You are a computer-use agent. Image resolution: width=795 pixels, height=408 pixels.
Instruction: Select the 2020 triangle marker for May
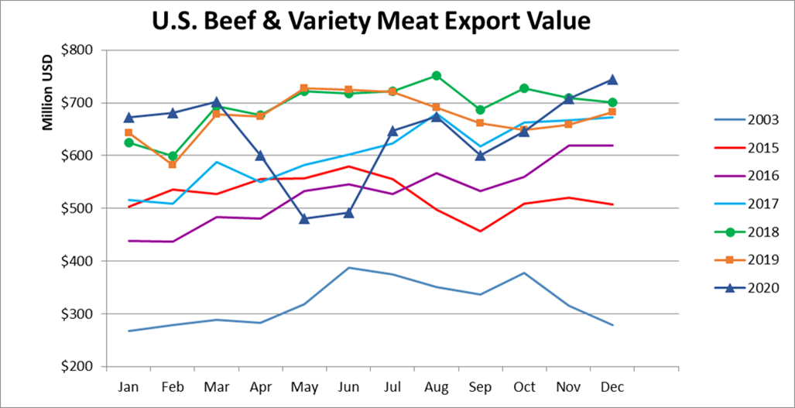pos(304,218)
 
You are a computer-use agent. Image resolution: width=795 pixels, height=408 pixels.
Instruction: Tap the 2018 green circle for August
pos(436,76)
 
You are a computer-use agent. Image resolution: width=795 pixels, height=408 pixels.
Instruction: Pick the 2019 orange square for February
pos(173,164)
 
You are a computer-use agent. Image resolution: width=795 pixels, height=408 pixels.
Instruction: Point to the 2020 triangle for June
pos(348,212)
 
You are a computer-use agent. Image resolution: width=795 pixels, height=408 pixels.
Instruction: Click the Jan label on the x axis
pos(129,385)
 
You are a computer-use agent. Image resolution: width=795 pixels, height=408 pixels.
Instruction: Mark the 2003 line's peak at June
pos(348,268)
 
